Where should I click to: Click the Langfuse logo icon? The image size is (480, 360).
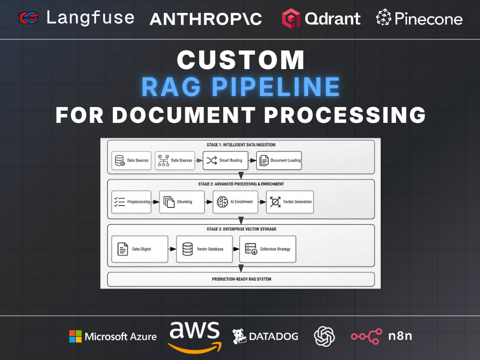(x=28, y=18)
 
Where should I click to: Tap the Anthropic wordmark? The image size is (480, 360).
(x=206, y=19)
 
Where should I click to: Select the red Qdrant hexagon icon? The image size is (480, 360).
(x=291, y=18)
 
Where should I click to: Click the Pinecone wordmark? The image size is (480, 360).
(x=429, y=19)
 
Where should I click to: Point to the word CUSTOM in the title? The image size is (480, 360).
(x=240, y=60)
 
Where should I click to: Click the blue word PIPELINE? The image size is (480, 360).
(x=276, y=87)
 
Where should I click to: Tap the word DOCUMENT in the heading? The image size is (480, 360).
(x=184, y=115)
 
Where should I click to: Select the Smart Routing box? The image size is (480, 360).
(x=225, y=160)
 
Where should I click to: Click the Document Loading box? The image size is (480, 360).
(x=279, y=160)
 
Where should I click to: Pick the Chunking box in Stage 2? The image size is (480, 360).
(x=182, y=202)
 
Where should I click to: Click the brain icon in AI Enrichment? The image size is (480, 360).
(x=222, y=202)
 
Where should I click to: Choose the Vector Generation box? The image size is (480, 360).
(x=290, y=202)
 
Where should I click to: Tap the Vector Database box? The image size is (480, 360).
(x=204, y=249)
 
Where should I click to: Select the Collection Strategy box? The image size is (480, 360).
(x=267, y=249)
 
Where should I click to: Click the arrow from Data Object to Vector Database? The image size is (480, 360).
(x=172, y=249)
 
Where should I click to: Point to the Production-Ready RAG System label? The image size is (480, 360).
(x=241, y=279)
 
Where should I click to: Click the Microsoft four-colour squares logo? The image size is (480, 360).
(x=75, y=336)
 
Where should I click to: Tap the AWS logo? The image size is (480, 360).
(x=195, y=337)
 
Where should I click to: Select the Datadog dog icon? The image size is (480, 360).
(x=239, y=336)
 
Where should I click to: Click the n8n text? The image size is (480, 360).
(x=400, y=336)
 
